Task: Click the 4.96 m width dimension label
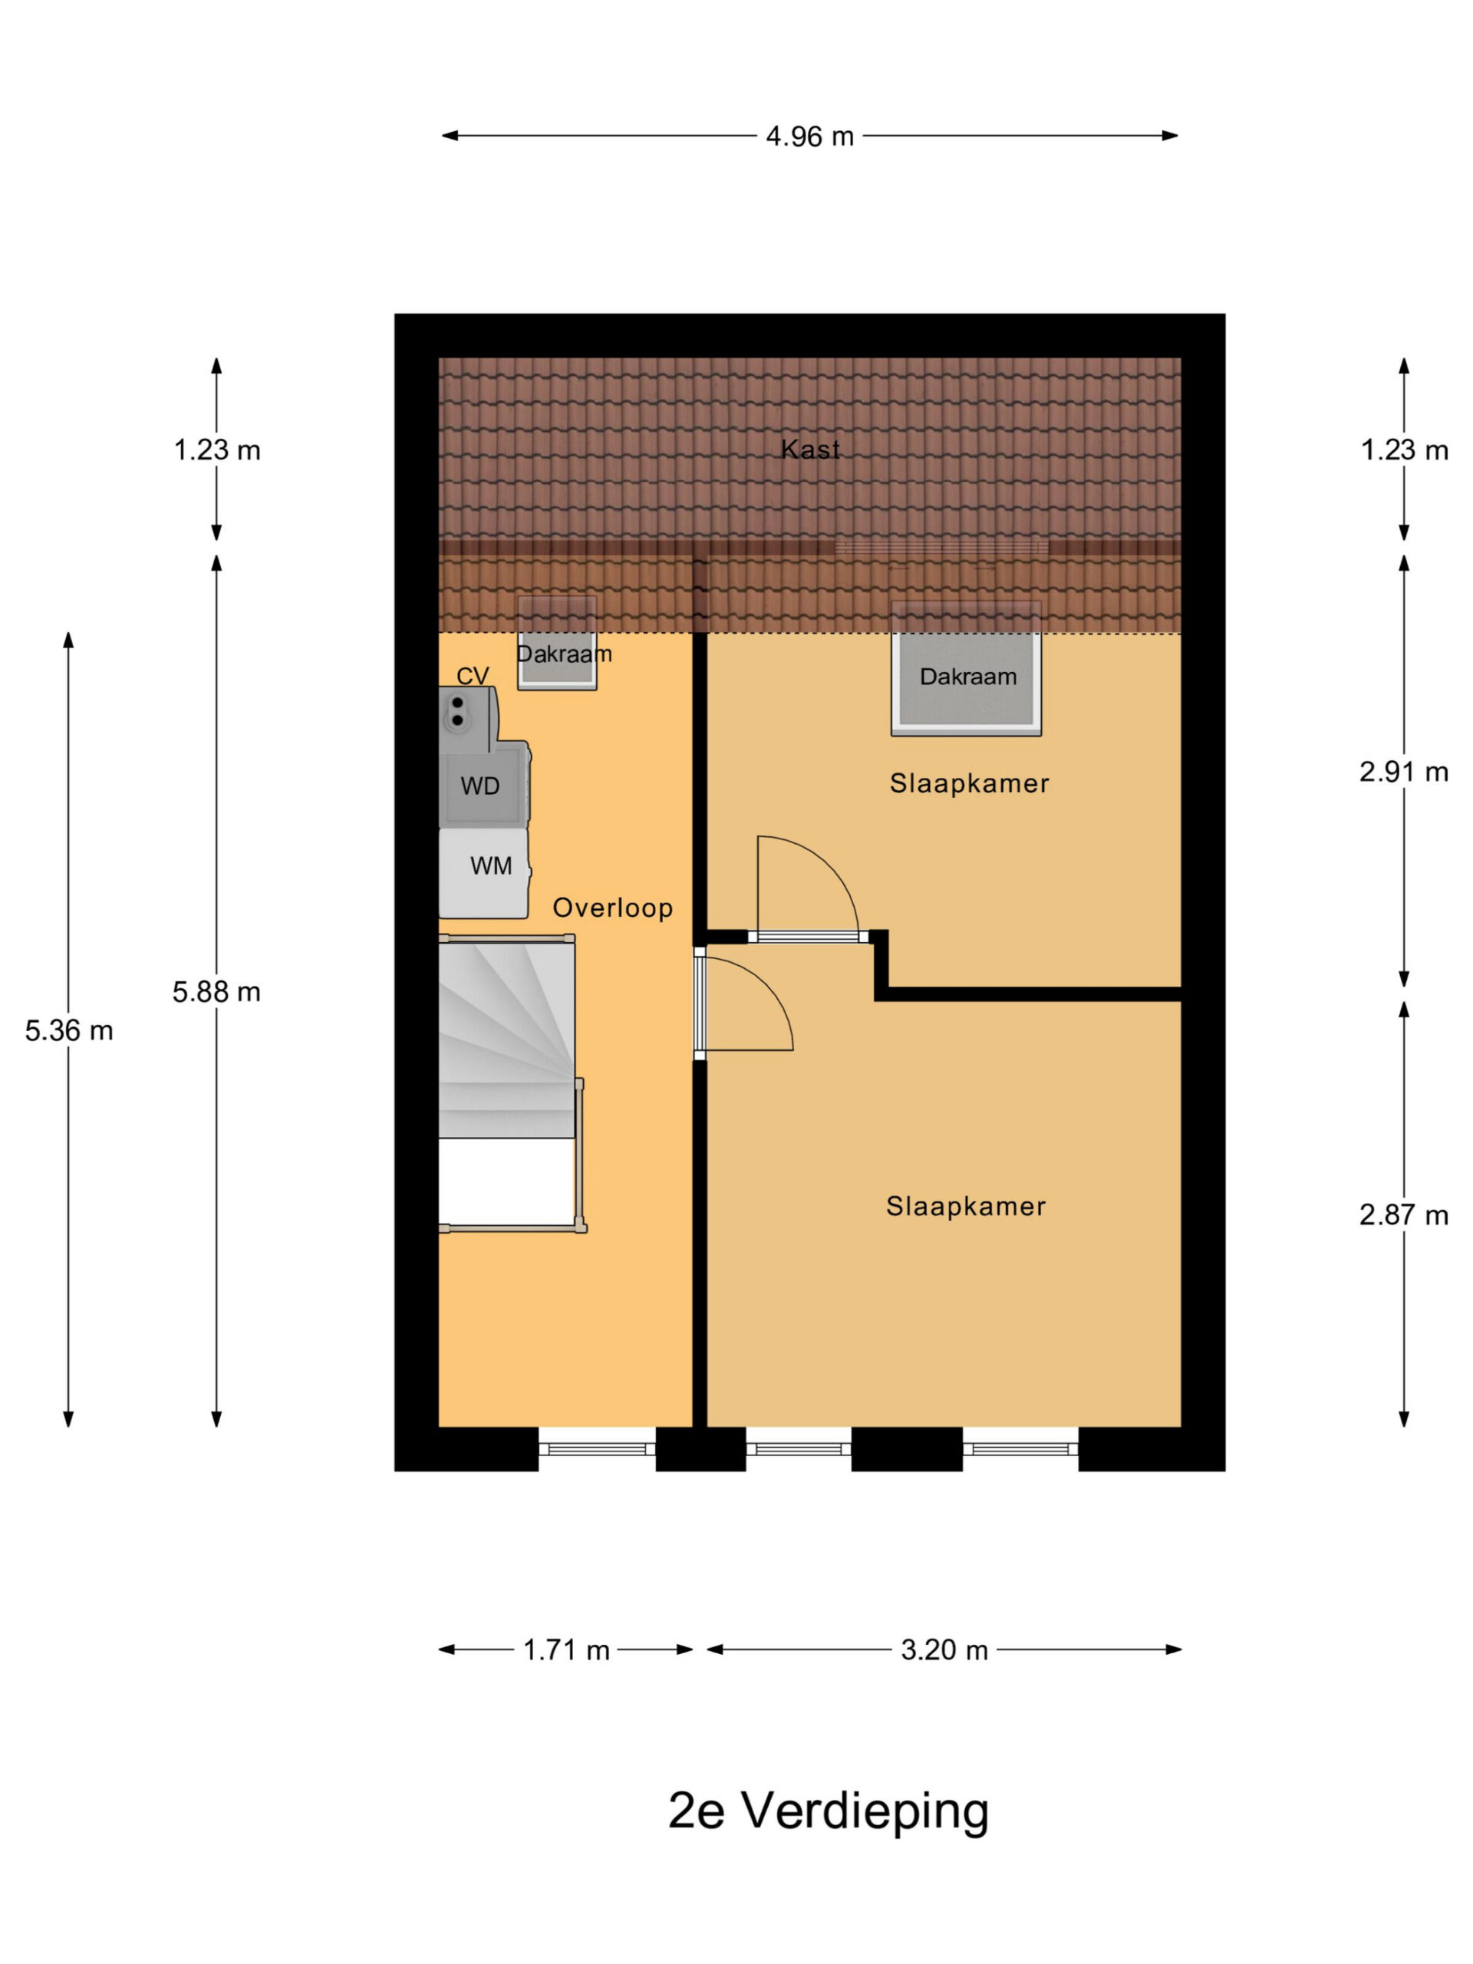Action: [x=809, y=136]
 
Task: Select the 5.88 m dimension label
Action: [x=216, y=991]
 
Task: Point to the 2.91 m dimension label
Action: [x=1404, y=772]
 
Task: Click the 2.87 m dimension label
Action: [x=1404, y=1214]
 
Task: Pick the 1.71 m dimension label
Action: [x=566, y=1649]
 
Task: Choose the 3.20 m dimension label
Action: [x=944, y=1649]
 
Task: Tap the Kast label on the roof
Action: [x=809, y=450]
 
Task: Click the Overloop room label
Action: [x=613, y=908]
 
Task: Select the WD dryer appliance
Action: [x=485, y=785]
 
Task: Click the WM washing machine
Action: [x=485, y=873]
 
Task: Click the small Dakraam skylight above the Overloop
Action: [x=557, y=643]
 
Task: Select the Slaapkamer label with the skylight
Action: [x=970, y=783]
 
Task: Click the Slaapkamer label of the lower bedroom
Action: [x=966, y=1206]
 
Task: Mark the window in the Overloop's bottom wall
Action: [x=597, y=1449]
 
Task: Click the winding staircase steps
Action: [x=507, y=1040]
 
